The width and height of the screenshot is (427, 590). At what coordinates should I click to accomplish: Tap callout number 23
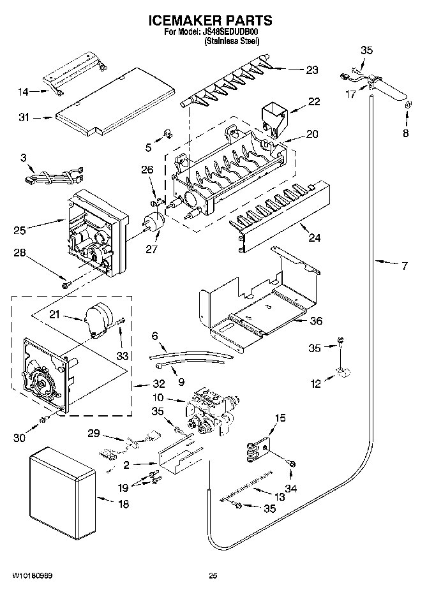pos(311,70)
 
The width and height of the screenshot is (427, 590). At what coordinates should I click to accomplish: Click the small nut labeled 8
pos(405,116)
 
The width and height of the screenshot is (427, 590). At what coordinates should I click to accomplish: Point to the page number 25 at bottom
pos(213,575)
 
